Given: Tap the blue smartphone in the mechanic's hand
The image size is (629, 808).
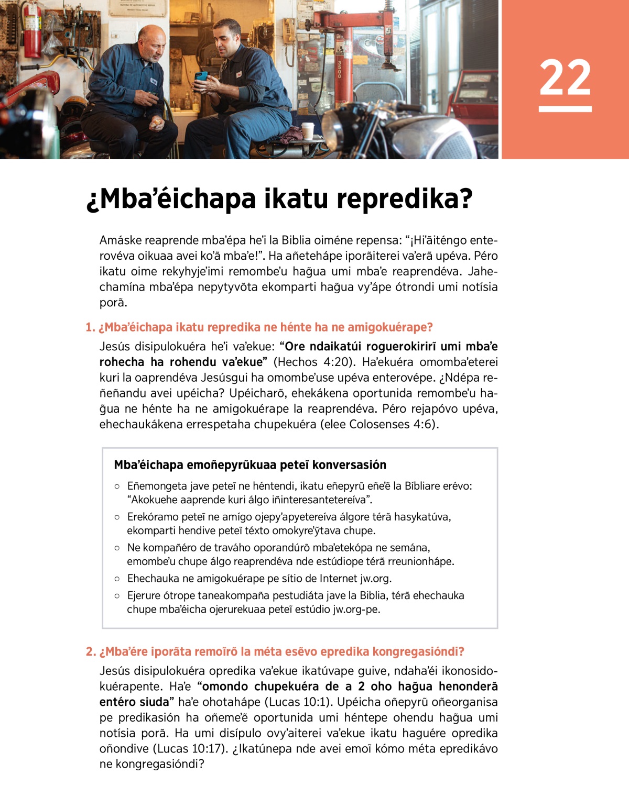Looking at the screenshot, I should point(201,77).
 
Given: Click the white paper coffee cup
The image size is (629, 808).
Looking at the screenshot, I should point(308,130).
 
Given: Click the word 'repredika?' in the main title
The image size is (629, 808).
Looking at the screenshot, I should point(404,199).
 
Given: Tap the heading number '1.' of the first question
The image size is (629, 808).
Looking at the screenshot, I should point(90,327).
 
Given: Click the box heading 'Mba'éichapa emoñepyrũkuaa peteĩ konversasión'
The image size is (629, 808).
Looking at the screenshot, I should point(250,465).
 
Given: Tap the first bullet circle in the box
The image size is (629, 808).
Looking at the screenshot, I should point(117,486).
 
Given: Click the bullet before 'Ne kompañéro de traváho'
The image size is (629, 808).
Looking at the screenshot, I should point(117,548).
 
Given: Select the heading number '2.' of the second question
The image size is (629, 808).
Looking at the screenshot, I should point(91,652).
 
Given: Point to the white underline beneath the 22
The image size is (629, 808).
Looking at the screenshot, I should point(565,109).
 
